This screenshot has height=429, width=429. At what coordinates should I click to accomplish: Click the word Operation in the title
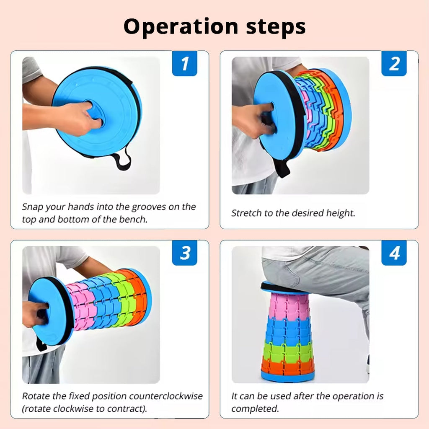click(x=181, y=27)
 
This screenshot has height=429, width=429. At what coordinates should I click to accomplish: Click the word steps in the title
click(x=276, y=27)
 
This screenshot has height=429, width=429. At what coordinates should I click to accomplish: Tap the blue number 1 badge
click(x=185, y=64)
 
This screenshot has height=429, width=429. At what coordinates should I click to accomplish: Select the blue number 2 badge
click(x=394, y=64)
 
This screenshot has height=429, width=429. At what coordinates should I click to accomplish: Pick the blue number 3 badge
click(x=185, y=253)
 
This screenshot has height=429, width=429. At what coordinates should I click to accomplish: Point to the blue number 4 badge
click(x=394, y=253)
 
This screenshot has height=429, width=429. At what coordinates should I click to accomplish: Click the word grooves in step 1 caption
click(x=149, y=207)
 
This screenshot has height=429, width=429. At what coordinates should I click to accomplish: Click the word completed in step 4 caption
click(x=255, y=409)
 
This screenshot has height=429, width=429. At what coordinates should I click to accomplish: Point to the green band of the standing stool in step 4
click(x=288, y=349)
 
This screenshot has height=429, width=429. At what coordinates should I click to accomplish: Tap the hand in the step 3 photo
click(x=35, y=314)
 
